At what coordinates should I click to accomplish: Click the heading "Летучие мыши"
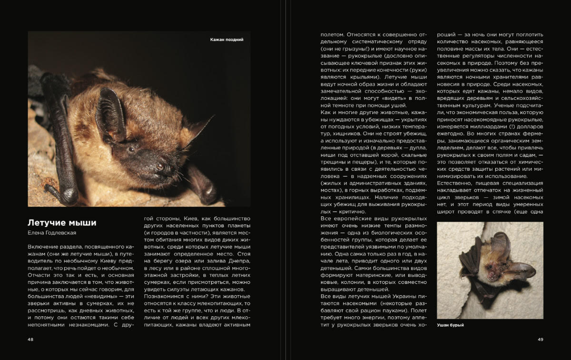(x=62, y=223)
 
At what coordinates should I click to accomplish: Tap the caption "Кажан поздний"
(x=226, y=40)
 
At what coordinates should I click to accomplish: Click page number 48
(x=30, y=340)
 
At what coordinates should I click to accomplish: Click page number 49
(x=540, y=340)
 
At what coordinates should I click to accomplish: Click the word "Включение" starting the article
(x=43, y=247)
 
